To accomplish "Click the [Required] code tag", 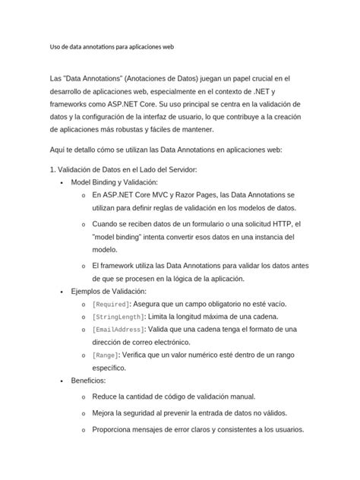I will tap(112, 305).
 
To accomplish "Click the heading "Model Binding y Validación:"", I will tap(114, 184).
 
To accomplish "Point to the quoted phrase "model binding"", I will tap(122, 237).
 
